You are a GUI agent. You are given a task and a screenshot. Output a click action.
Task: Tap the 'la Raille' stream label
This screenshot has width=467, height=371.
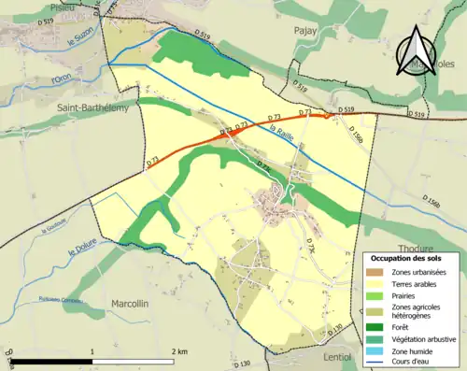(x=280, y=135)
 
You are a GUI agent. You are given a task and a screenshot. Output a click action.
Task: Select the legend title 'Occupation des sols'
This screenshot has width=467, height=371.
(x=409, y=258)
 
